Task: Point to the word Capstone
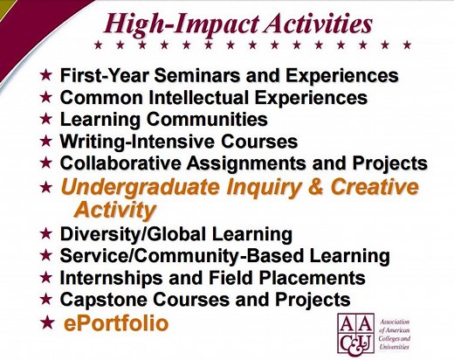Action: tap(99, 300)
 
